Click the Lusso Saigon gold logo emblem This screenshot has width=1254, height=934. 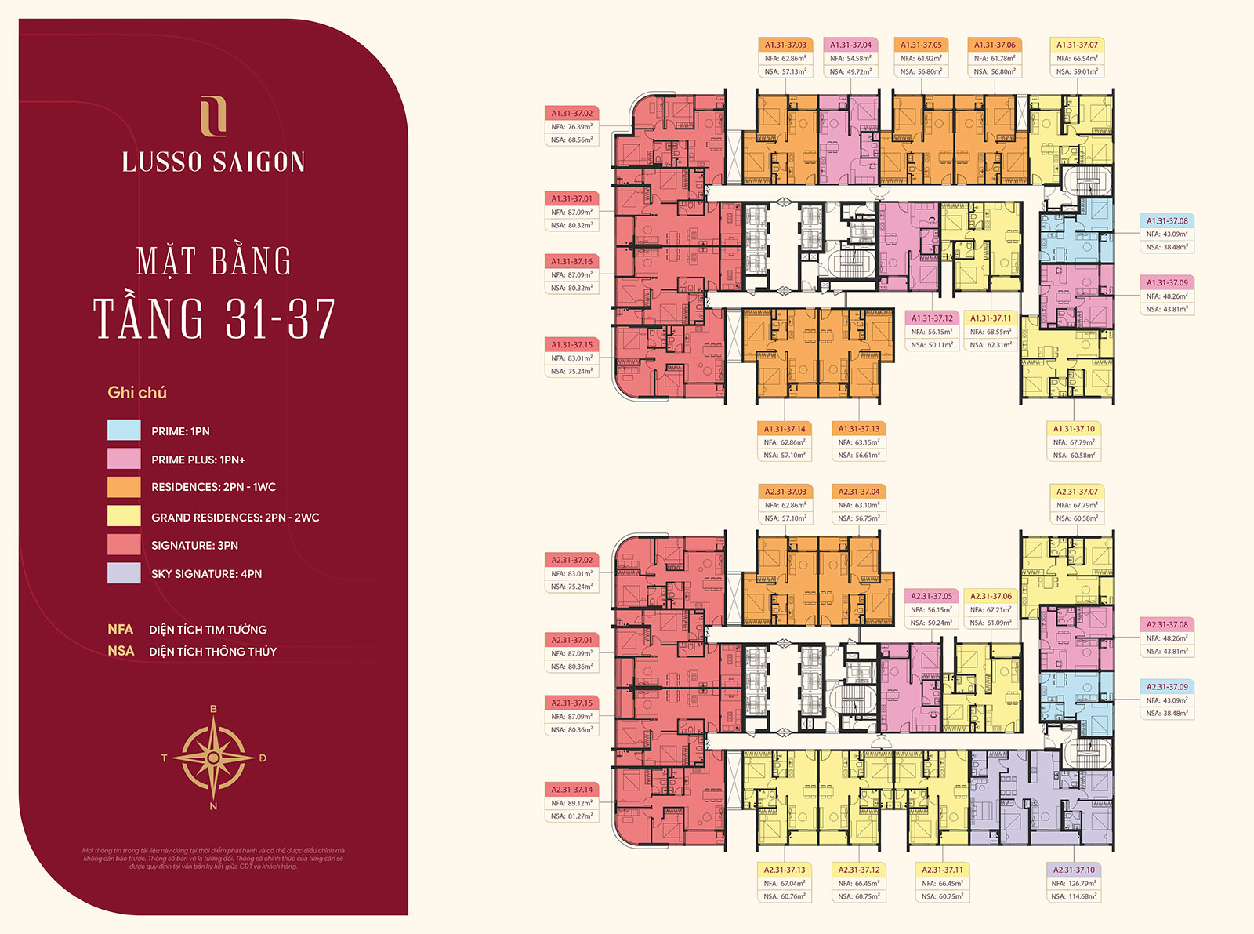pyautogui.click(x=213, y=115)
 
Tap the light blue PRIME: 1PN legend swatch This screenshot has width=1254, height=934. pyautogui.click(x=124, y=431)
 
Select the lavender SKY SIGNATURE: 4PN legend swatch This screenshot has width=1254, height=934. pyautogui.click(x=124, y=573)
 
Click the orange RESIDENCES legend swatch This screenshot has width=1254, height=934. pyautogui.click(x=124, y=487)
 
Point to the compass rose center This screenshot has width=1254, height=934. pyautogui.click(x=213, y=758)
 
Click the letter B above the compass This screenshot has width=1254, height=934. pyautogui.click(x=213, y=709)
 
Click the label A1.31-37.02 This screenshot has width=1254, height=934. pyautogui.click(x=571, y=113)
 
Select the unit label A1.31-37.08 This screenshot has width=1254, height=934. pyautogui.click(x=1167, y=221)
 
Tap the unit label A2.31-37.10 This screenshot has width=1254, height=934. pyautogui.click(x=1074, y=870)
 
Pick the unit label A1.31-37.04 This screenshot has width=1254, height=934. pyautogui.click(x=850, y=45)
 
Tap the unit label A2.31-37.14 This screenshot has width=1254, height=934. pyautogui.click(x=571, y=789)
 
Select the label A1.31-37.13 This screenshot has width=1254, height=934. pyautogui.click(x=859, y=429)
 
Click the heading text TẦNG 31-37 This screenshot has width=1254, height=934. pyautogui.click(x=215, y=319)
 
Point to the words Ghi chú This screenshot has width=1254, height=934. pyautogui.click(x=137, y=392)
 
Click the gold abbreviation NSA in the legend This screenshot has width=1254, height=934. pyautogui.click(x=121, y=651)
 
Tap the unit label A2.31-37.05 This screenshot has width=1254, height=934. pyautogui.click(x=931, y=596)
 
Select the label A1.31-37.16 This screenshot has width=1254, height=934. pyautogui.click(x=571, y=261)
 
